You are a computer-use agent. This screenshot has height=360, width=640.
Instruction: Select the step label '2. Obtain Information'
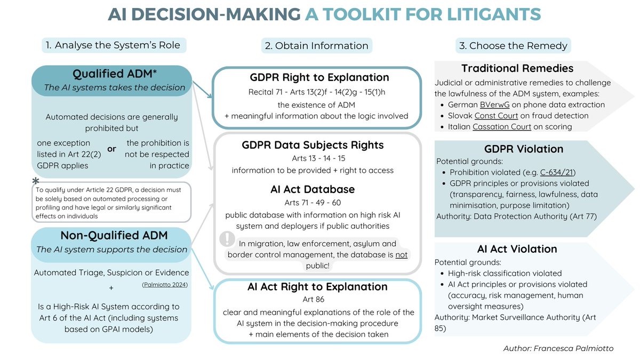tap(316, 46)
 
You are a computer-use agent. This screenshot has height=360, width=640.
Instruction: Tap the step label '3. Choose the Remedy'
tap(513, 45)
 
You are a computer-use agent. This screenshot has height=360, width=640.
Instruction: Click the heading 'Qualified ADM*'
tap(110, 74)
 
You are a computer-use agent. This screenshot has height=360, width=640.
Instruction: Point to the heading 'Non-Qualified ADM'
tap(110, 235)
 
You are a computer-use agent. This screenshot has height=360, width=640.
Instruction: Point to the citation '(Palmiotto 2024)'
tap(165, 285)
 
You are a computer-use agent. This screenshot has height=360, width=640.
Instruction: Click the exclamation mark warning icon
tap(228, 238)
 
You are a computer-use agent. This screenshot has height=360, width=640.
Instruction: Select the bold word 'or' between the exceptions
tap(111, 149)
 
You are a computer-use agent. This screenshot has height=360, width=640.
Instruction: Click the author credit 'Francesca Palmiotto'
tap(582, 348)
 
